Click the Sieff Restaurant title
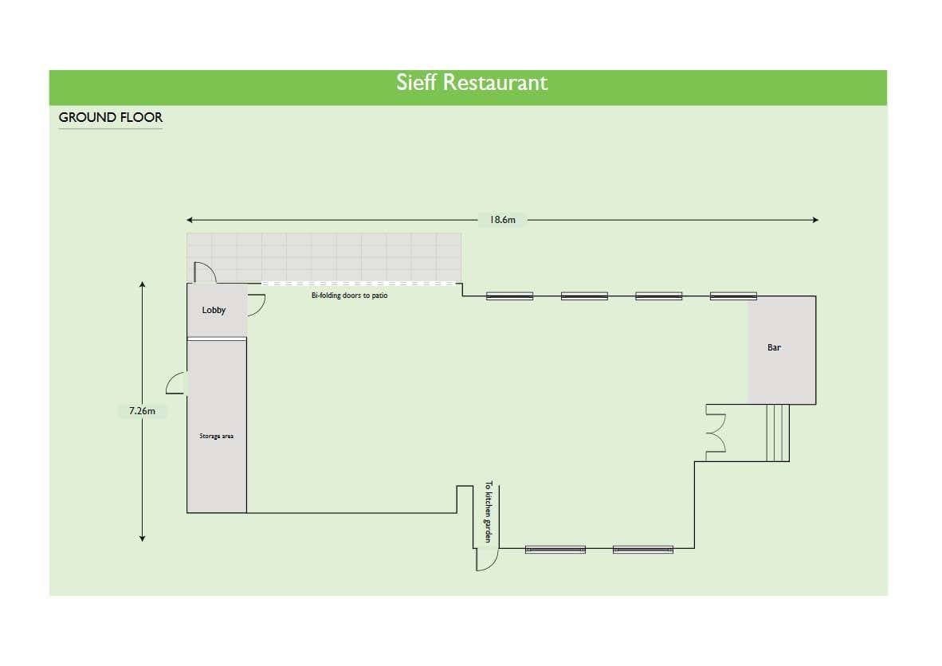[472, 83]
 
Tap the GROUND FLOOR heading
[111, 118]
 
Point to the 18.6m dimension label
[503, 220]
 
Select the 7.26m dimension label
[142, 412]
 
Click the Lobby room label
[214, 311]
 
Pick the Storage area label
[216, 437]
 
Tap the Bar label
[774, 348]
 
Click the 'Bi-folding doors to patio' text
[349, 296]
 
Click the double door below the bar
[715, 433]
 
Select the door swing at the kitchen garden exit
[485, 559]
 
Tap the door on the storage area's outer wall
[176, 383]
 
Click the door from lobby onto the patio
[203, 273]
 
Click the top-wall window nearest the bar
[733, 296]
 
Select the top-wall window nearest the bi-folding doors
[510, 296]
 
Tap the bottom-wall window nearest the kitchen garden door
[555, 550]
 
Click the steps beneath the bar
[777, 433]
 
